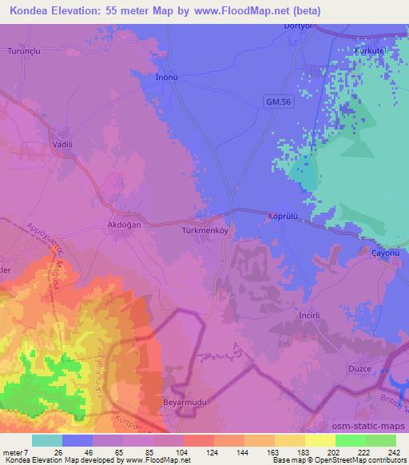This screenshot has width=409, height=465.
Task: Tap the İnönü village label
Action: click(165, 77)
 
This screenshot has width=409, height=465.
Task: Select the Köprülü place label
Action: click(282, 215)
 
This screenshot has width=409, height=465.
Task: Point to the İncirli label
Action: click(309, 315)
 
